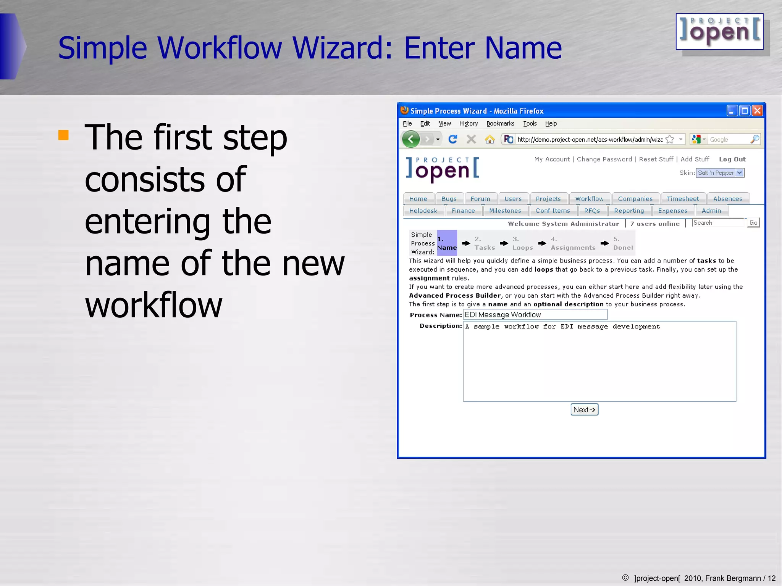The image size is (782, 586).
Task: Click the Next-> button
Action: point(584,409)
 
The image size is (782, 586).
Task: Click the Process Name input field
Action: point(535,315)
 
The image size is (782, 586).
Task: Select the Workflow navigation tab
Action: point(589,199)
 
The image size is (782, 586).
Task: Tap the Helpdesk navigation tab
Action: point(423,211)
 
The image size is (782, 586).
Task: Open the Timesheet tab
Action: point(682,199)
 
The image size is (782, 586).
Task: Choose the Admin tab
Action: point(711,211)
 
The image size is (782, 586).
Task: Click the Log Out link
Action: point(732,159)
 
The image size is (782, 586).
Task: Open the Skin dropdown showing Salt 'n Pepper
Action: point(720,173)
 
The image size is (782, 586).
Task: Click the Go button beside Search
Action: point(753,223)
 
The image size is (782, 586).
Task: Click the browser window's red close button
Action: point(757,111)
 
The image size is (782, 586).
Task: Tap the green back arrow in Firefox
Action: point(411,139)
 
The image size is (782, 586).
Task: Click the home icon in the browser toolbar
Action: point(490,139)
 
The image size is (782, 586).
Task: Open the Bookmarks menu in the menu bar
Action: point(500,124)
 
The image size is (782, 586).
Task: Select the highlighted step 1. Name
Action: point(447,243)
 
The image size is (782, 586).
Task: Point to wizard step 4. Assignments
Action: point(573,243)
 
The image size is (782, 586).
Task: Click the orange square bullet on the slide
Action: point(63,135)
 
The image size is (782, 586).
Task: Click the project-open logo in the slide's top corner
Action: point(719,32)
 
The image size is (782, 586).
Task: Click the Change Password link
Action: point(604,159)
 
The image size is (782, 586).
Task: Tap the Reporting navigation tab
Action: point(629,211)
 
